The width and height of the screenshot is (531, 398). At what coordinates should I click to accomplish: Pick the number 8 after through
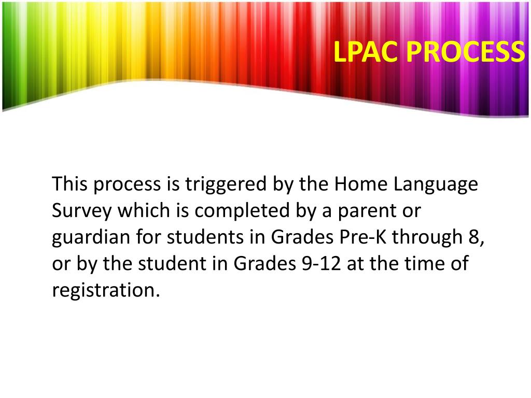click(x=471, y=237)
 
